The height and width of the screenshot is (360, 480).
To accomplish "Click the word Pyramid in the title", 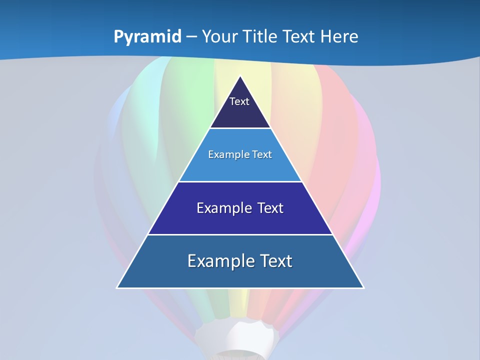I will (x=147, y=37).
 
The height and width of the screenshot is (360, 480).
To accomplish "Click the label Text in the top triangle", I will (x=239, y=101).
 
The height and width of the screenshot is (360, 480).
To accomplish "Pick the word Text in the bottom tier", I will (x=274, y=261).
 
